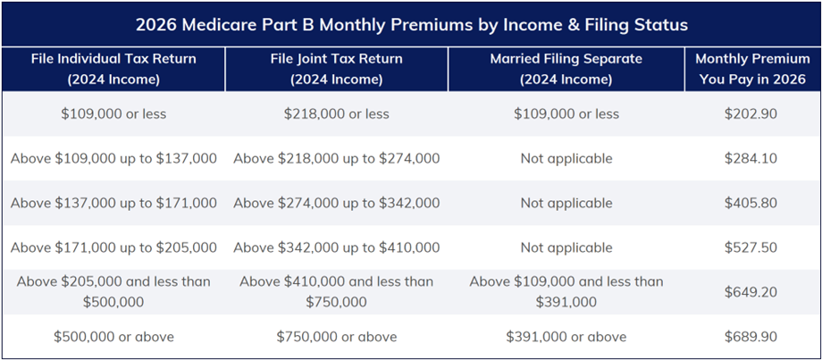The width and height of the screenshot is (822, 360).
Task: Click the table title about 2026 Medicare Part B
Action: point(411,24)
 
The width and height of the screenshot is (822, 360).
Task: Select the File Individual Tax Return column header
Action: point(113,69)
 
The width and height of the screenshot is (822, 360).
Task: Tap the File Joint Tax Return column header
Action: point(336,69)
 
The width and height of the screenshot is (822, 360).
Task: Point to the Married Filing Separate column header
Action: point(566,69)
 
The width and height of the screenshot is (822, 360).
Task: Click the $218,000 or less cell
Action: point(336,114)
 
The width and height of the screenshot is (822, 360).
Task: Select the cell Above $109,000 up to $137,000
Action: point(113,159)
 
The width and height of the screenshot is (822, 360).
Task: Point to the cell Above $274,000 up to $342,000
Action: point(336,203)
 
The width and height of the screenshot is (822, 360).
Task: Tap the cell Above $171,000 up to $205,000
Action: point(113,247)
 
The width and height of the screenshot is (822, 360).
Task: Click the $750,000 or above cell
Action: point(336,337)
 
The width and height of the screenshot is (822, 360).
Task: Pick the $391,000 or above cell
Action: point(566,337)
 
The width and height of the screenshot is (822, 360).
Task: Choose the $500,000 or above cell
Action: point(113,337)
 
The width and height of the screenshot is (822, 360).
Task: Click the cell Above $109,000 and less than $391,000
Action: point(566,292)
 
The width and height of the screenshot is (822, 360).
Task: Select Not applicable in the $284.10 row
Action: point(566,159)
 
